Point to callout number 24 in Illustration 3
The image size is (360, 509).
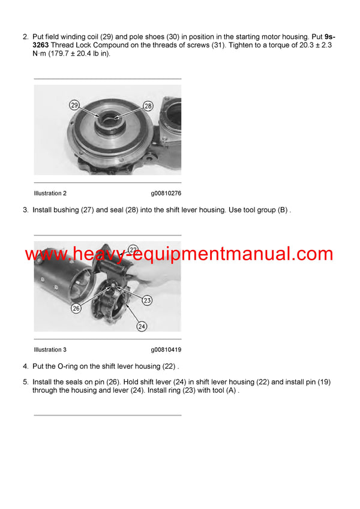click(x=142, y=327)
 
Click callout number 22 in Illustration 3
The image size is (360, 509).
click(x=133, y=248)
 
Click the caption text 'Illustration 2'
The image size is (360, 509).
click(x=50, y=194)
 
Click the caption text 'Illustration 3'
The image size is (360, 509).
click(x=50, y=350)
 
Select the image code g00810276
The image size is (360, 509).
click(x=166, y=194)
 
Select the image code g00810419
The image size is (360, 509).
click(x=166, y=350)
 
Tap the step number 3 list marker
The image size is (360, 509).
click(x=25, y=210)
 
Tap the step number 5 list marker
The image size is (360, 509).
click(x=25, y=382)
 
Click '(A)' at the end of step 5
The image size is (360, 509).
click(x=231, y=390)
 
